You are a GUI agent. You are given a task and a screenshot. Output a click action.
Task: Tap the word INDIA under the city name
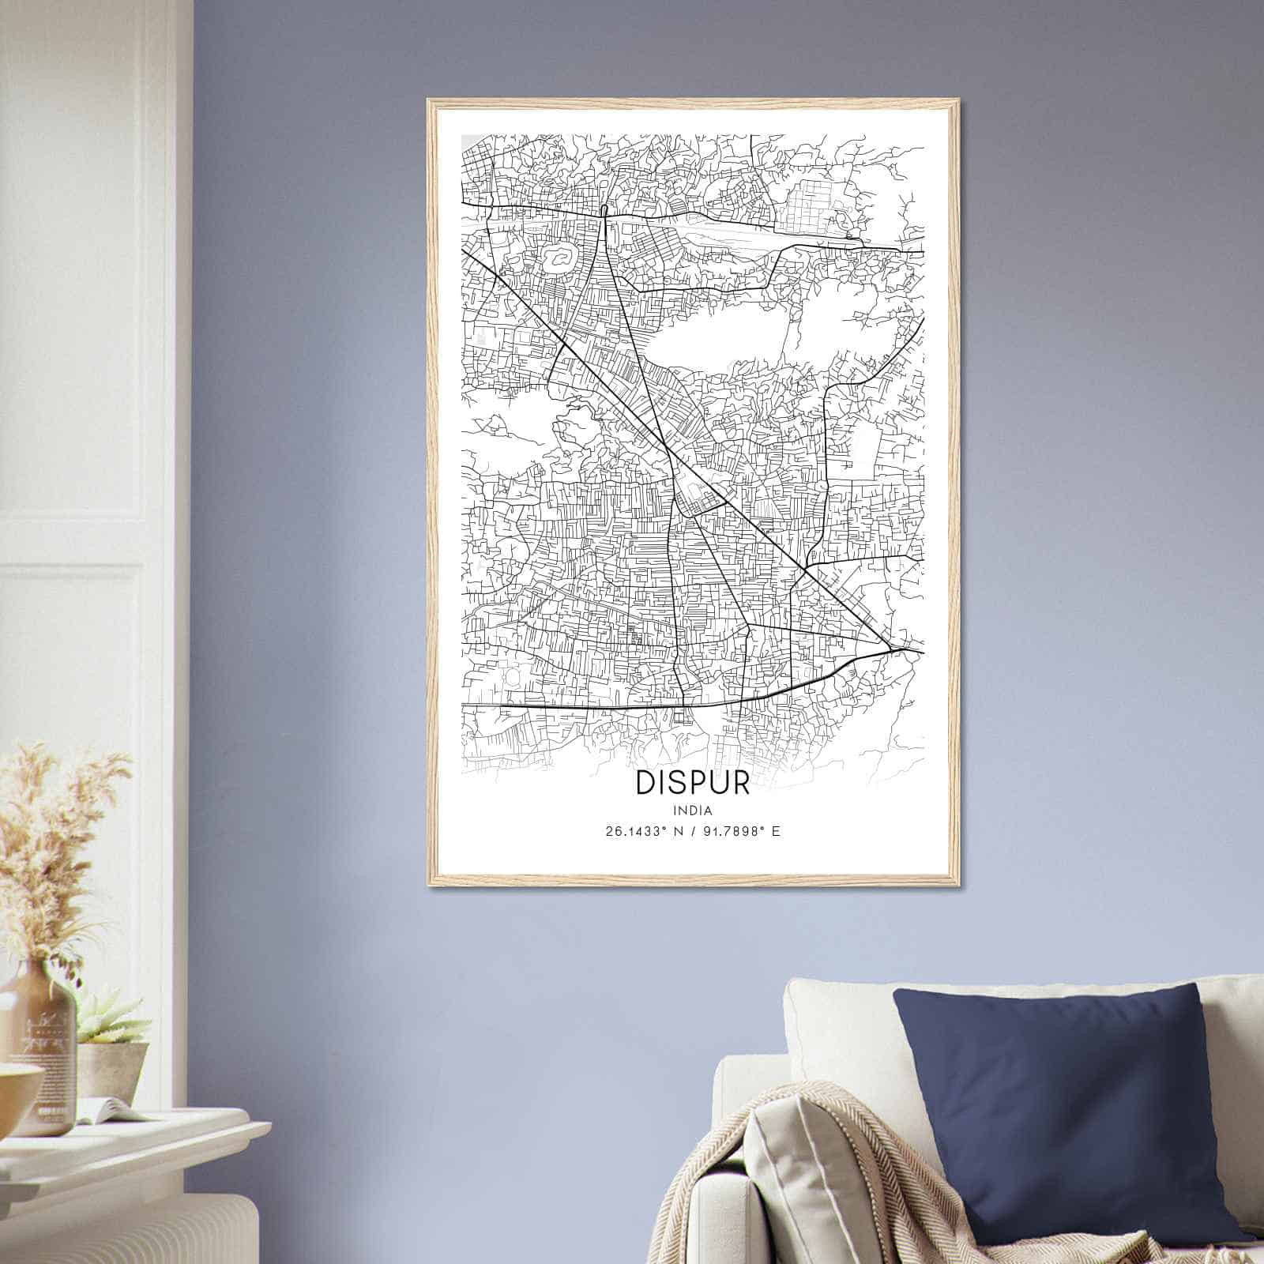[x=693, y=811]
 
